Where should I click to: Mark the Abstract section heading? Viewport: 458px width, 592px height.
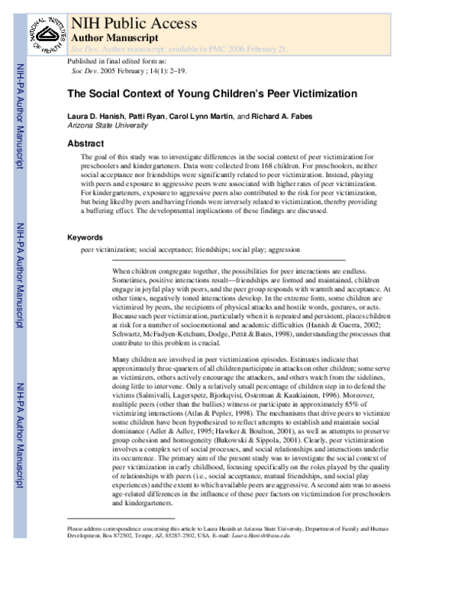tap(85, 143)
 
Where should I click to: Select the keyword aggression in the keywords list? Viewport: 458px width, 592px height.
tap(282, 249)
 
